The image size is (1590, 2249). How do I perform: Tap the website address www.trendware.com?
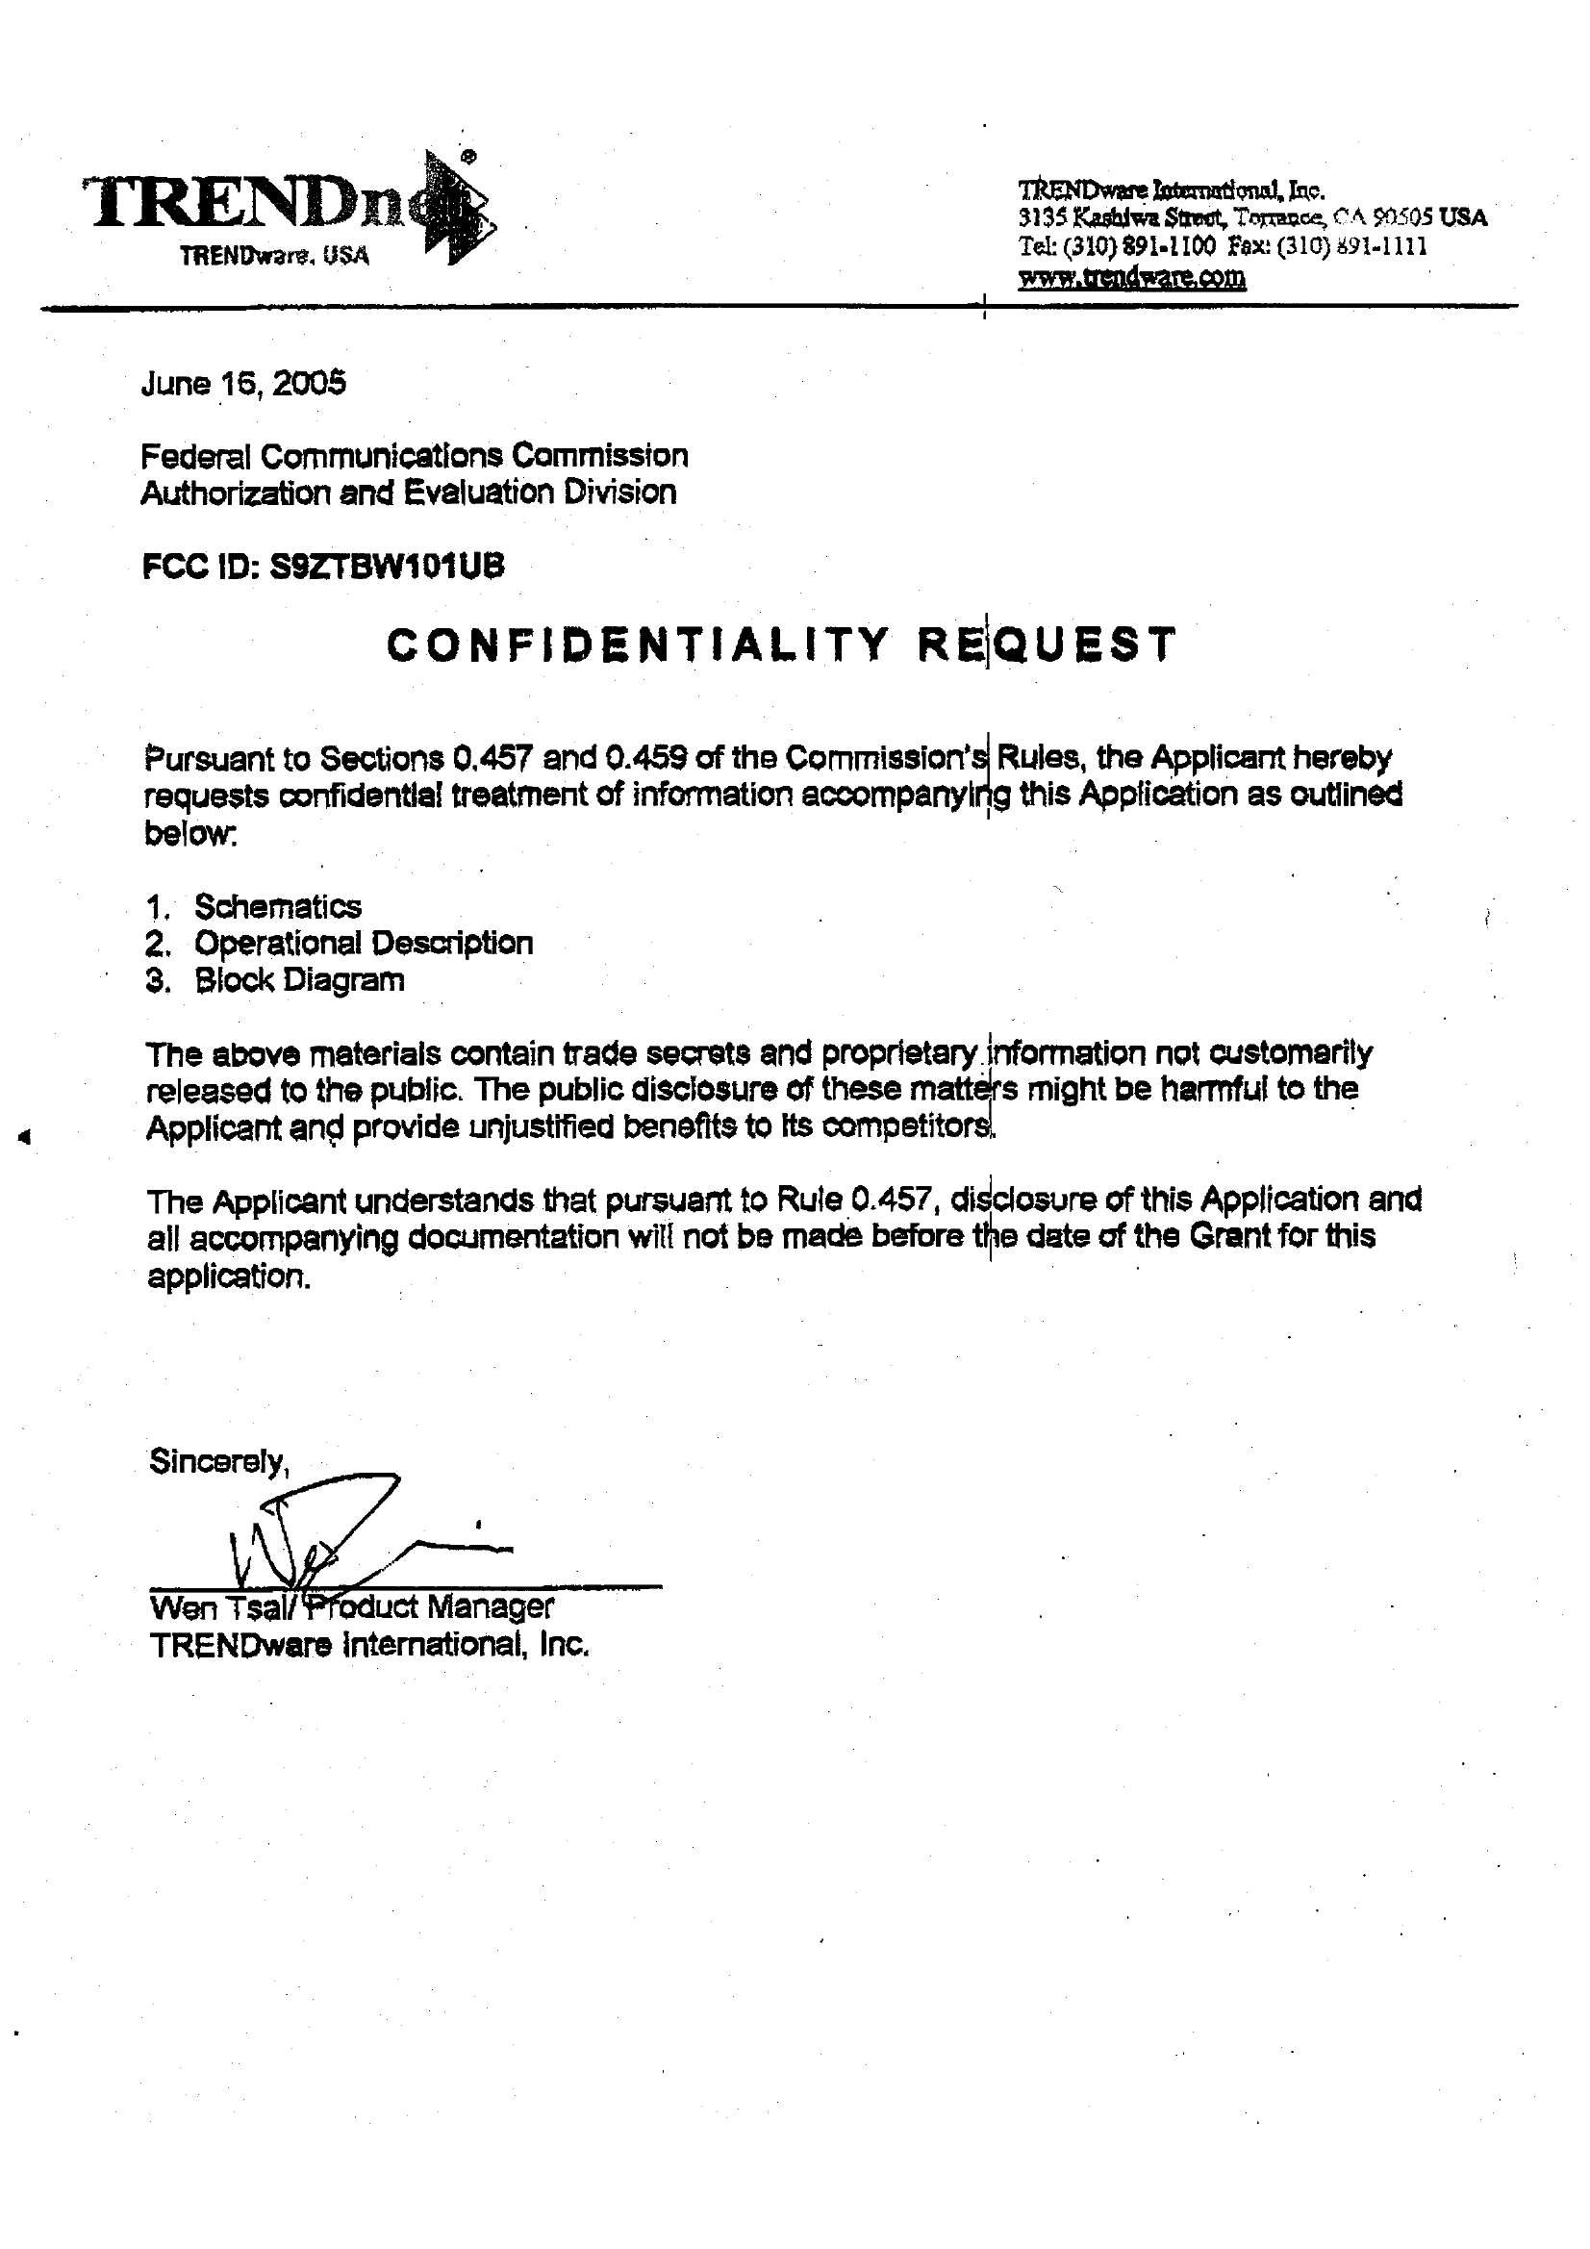[1131, 277]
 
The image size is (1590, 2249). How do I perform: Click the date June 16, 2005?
[243, 383]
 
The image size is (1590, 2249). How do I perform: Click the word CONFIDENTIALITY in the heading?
[638, 644]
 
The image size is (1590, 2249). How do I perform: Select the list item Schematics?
[277, 906]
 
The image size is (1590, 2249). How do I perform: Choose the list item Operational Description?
[364, 944]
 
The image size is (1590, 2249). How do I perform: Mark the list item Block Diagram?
[299, 980]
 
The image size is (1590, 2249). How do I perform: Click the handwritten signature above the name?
[333, 1533]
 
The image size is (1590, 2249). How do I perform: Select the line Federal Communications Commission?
[414, 456]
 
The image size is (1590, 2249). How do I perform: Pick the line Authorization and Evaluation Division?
[408, 492]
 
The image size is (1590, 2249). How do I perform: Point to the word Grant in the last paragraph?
[1229, 1236]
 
